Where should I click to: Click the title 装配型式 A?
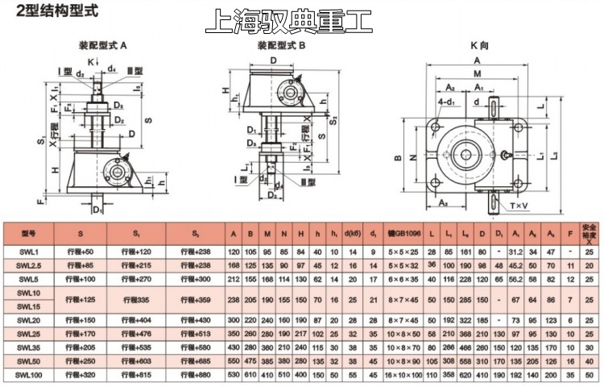tap(111, 47)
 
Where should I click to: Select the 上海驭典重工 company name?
tap(289, 22)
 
